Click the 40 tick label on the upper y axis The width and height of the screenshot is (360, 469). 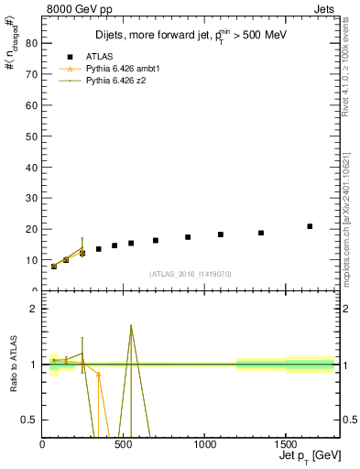tap(32, 167)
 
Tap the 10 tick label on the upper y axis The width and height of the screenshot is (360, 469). tap(32, 260)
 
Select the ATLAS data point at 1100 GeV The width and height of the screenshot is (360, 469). tap(221, 234)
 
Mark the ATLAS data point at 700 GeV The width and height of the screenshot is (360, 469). tap(156, 240)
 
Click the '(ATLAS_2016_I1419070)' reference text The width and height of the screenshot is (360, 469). tap(191, 273)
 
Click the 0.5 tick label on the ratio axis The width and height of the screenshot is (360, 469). tap(30, 420)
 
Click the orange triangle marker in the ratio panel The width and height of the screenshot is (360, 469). tap(98, 375)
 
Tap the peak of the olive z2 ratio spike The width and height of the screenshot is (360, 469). tap(131, 325)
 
